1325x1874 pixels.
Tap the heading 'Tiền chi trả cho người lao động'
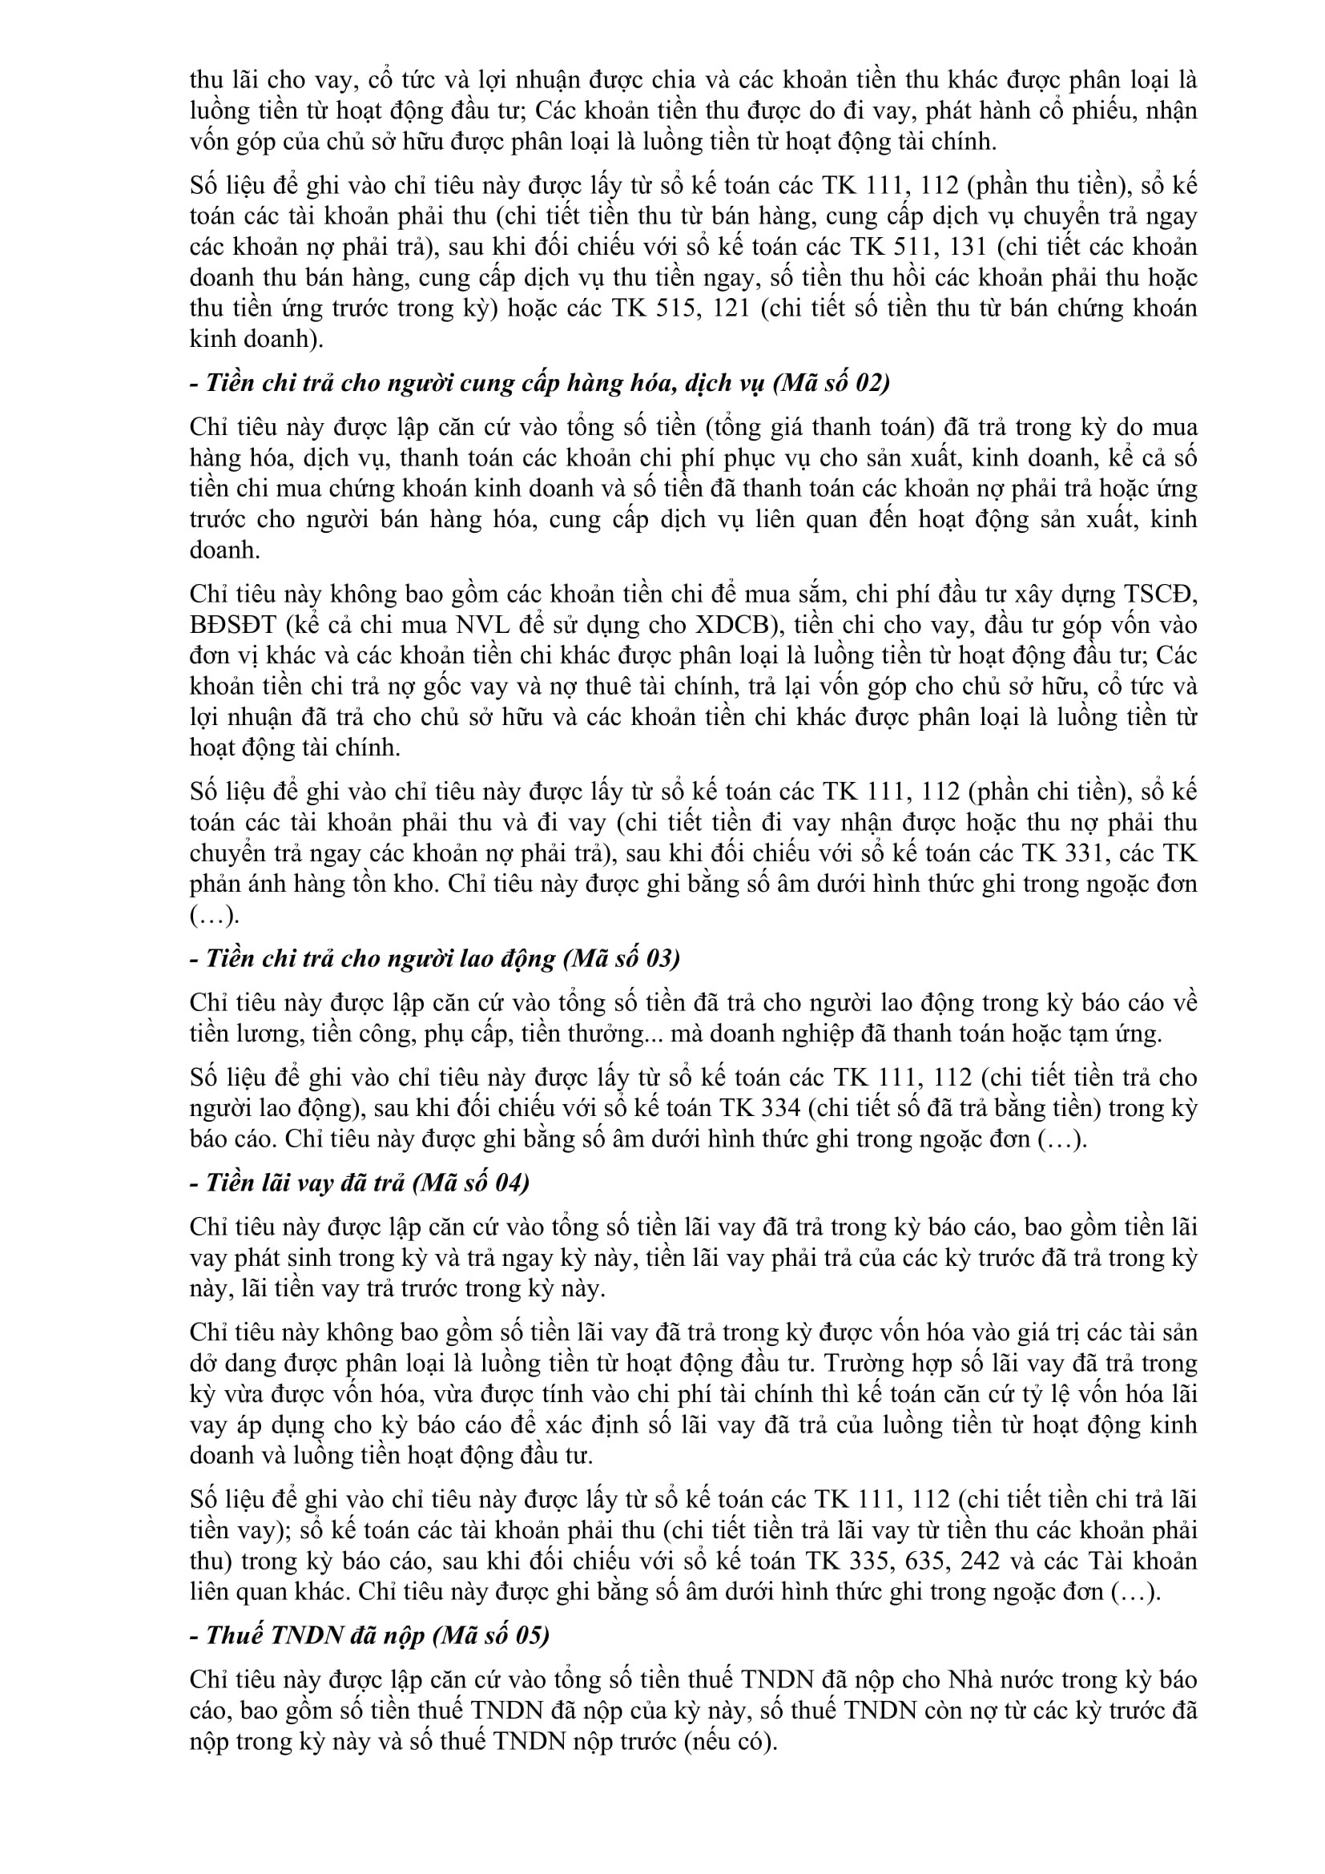(x=434, y=958)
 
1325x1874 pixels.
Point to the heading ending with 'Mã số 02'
(x=539, y=383)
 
